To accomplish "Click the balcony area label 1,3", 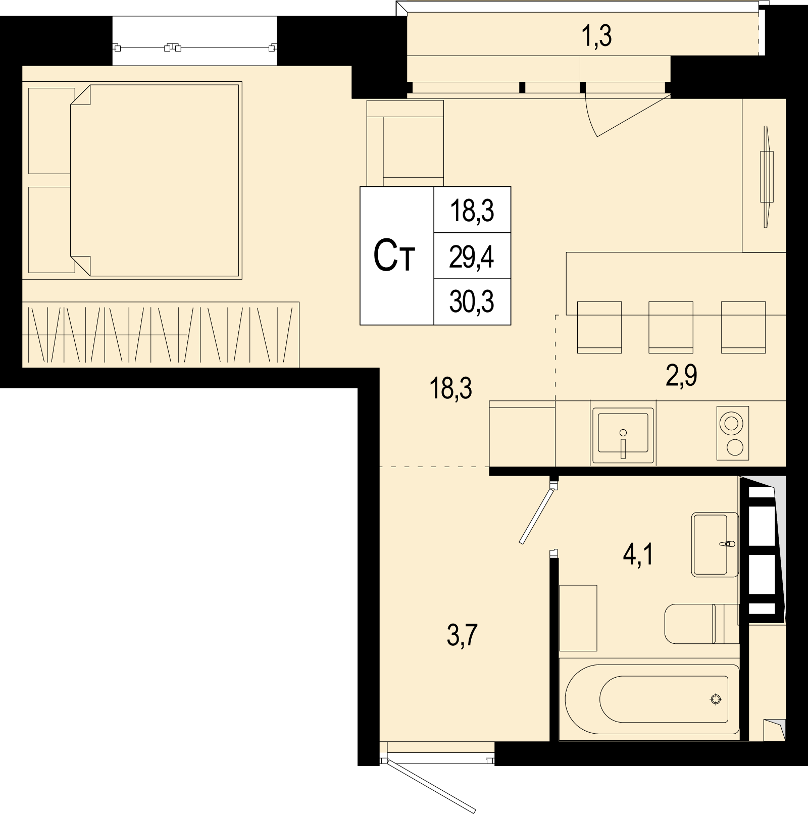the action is point(598,37).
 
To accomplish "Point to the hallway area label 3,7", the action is point(463,635).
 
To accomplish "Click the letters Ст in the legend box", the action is point(394,257).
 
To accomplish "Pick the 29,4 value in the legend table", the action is point(472,258).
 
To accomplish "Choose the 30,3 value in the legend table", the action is point(472,302).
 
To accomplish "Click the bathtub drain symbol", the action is point(715,699).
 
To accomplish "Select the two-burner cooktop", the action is point(733,433).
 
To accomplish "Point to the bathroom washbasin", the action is point(715,544).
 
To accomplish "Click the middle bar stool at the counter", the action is point(671,327).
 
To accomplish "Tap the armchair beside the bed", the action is point(405,143).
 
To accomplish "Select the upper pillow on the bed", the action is point(49,130).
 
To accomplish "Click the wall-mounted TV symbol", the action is point(767,177).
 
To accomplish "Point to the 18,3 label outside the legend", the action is point(450,389).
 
